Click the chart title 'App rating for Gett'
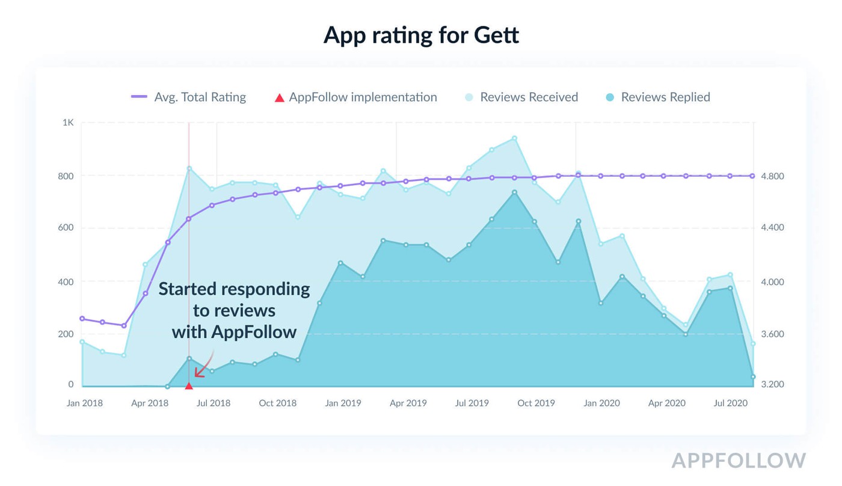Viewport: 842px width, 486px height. [x=421, y=35]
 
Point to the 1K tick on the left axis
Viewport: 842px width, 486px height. [x=68, y=123]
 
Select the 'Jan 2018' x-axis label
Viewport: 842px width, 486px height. [x=84, y=403]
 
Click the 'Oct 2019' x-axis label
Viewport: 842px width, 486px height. [x=536, y=403]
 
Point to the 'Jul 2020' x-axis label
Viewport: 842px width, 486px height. [x=730, y=403]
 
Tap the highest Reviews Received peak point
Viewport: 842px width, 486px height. [x=514, y=138]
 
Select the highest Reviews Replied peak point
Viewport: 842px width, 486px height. [x=514, y=192]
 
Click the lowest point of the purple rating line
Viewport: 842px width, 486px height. [x=124, y=326]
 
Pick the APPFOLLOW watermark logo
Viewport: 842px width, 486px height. [x=739, y=460]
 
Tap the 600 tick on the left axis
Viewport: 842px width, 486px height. [x=67, y=228]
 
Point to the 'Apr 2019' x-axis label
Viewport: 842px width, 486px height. [x=408, y=403]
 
